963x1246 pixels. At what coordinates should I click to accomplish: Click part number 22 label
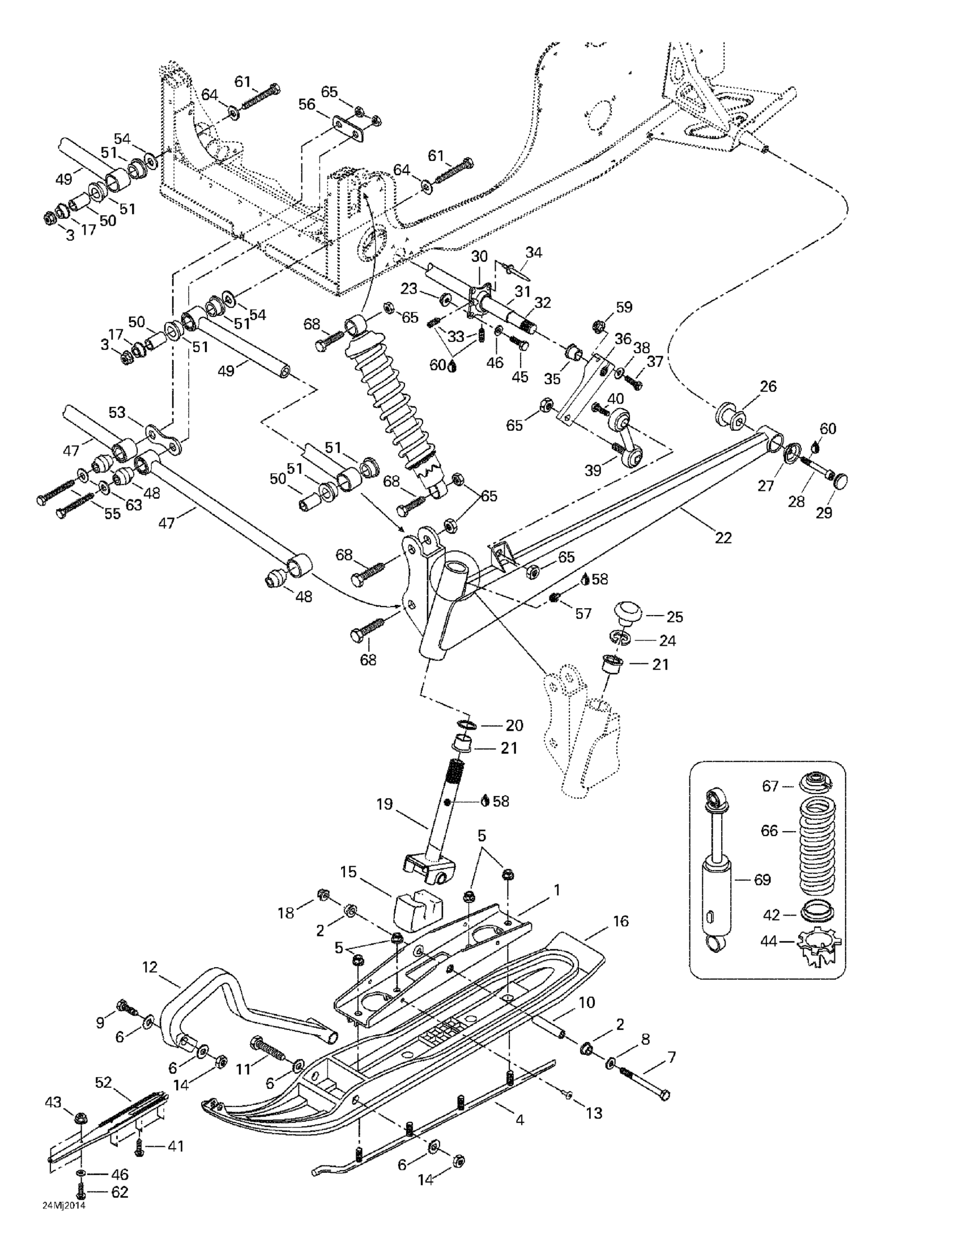pyautogui.click(x=722, y=537)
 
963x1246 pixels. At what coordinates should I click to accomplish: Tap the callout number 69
pyautogui.click(x=762, y=880)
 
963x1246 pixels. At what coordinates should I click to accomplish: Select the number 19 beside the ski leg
pyautogui.click(x=384, y=804)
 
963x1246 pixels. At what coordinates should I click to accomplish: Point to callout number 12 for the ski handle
pyautogui.click(x=150, y=968)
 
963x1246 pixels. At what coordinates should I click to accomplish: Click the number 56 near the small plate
pyautogui.click(x=307, y=104)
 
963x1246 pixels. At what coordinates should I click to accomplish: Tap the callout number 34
pyautogui.click(x=534, y=252)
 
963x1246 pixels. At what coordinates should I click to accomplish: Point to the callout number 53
pyautogui.click(x=117, y=412)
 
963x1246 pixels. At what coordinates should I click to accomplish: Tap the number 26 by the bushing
pyautogui.click(x=768, y=386)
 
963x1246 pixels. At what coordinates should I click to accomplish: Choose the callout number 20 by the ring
pyautogui.click(x=514, y=725)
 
